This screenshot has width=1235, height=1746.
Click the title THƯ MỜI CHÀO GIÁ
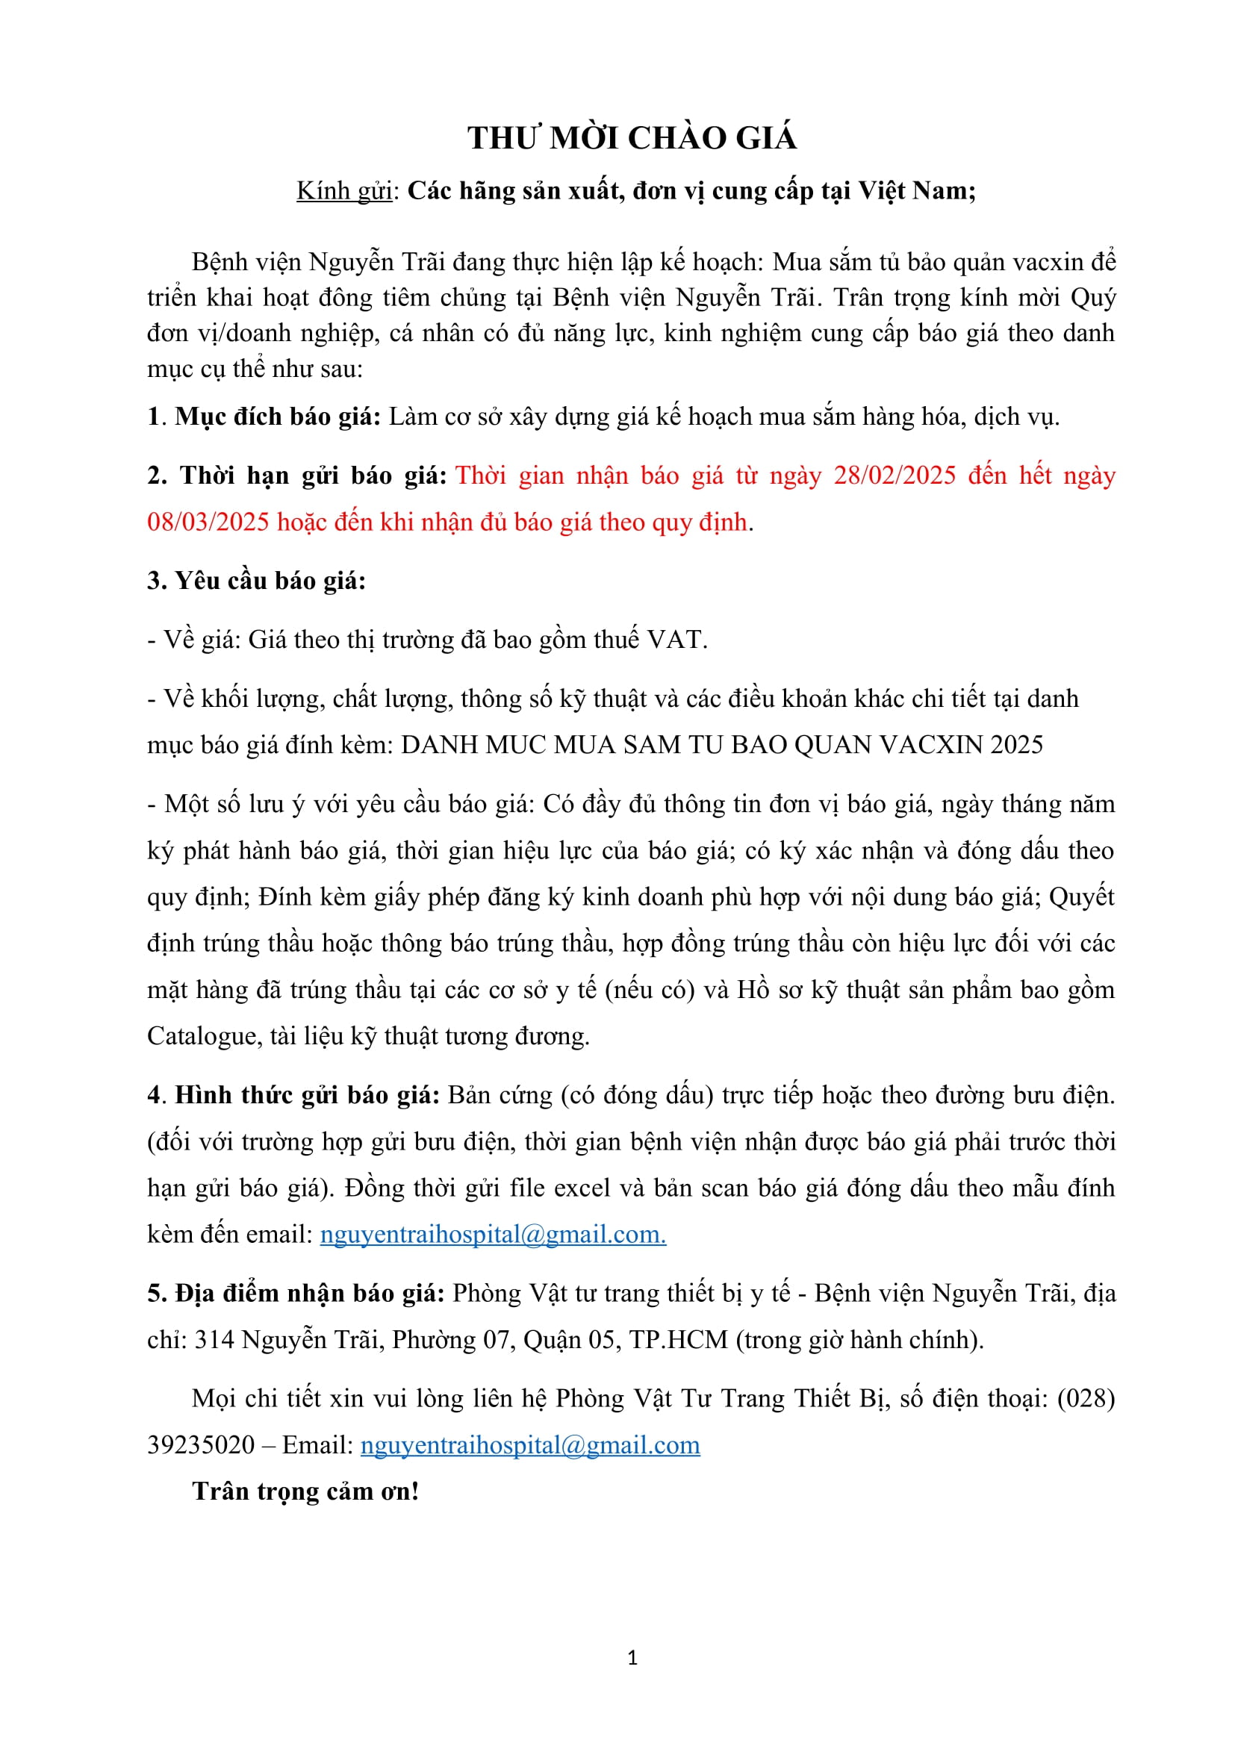[631, 138]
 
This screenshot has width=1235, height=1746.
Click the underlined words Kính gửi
[343, 190]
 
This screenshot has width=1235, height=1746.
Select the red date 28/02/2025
[895, 476]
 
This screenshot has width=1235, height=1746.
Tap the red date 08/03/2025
[208, 522]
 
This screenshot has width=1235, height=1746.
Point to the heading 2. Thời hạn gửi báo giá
[296, 476]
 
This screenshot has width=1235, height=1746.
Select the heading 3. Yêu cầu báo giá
[256, 580]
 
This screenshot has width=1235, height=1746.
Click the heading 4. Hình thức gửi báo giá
[294, 1095]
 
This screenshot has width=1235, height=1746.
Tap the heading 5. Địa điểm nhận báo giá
[296, 1293]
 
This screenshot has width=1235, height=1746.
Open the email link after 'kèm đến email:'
[493, 1234]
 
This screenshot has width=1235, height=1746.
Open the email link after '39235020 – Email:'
[530, 1445]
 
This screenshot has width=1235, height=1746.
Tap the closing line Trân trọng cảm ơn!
[305, 1491]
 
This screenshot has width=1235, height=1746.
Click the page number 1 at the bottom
[632, 1658]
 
